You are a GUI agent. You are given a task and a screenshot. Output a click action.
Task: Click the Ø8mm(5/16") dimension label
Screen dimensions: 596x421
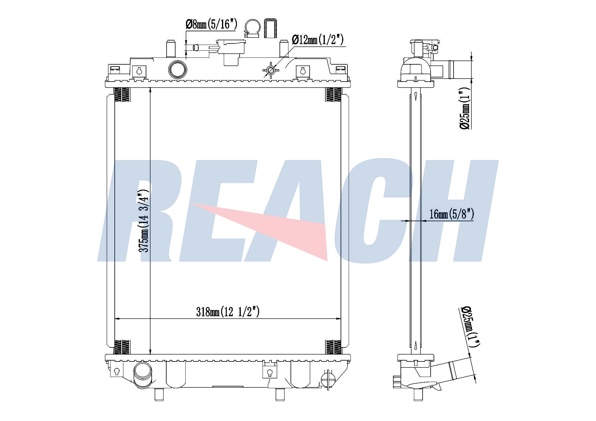click(x=211, y=24)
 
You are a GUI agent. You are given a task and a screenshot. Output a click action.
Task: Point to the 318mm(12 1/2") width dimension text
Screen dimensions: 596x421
click(x=228, y=312)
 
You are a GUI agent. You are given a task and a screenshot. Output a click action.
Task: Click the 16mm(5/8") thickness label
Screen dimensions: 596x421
click(x=451, y=214)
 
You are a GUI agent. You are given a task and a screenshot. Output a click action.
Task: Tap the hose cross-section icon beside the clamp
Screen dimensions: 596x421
click(x=270, y=29)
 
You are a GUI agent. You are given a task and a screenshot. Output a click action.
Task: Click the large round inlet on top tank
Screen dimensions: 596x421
click(x=178, y=69)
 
